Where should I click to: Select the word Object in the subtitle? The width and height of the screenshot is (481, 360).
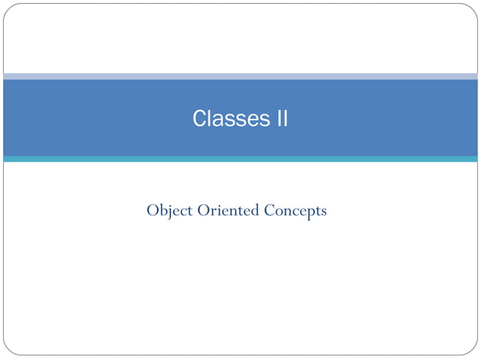[x=170, y=210]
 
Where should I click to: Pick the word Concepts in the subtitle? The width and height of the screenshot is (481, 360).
[x=295, y=210]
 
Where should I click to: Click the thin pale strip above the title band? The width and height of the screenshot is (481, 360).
[x=240, y=76]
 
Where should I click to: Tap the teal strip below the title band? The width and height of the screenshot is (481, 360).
[x=240, y=159]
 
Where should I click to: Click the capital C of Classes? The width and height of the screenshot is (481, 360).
[x=200, y=119]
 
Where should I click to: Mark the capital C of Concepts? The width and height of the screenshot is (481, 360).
[x=269, y=210]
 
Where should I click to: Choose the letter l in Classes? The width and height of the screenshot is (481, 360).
[x=210, y=119]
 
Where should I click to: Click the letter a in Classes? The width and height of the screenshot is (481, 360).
[x=217, y=121]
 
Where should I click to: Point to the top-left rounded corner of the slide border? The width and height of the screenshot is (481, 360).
[x=8, y=8]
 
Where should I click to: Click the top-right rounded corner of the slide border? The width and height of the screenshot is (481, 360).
[x=473, y=8]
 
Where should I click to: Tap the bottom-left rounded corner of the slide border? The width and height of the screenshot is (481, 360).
[x=8, y=351]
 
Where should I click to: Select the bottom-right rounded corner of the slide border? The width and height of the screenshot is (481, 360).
[x=473, y=351]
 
